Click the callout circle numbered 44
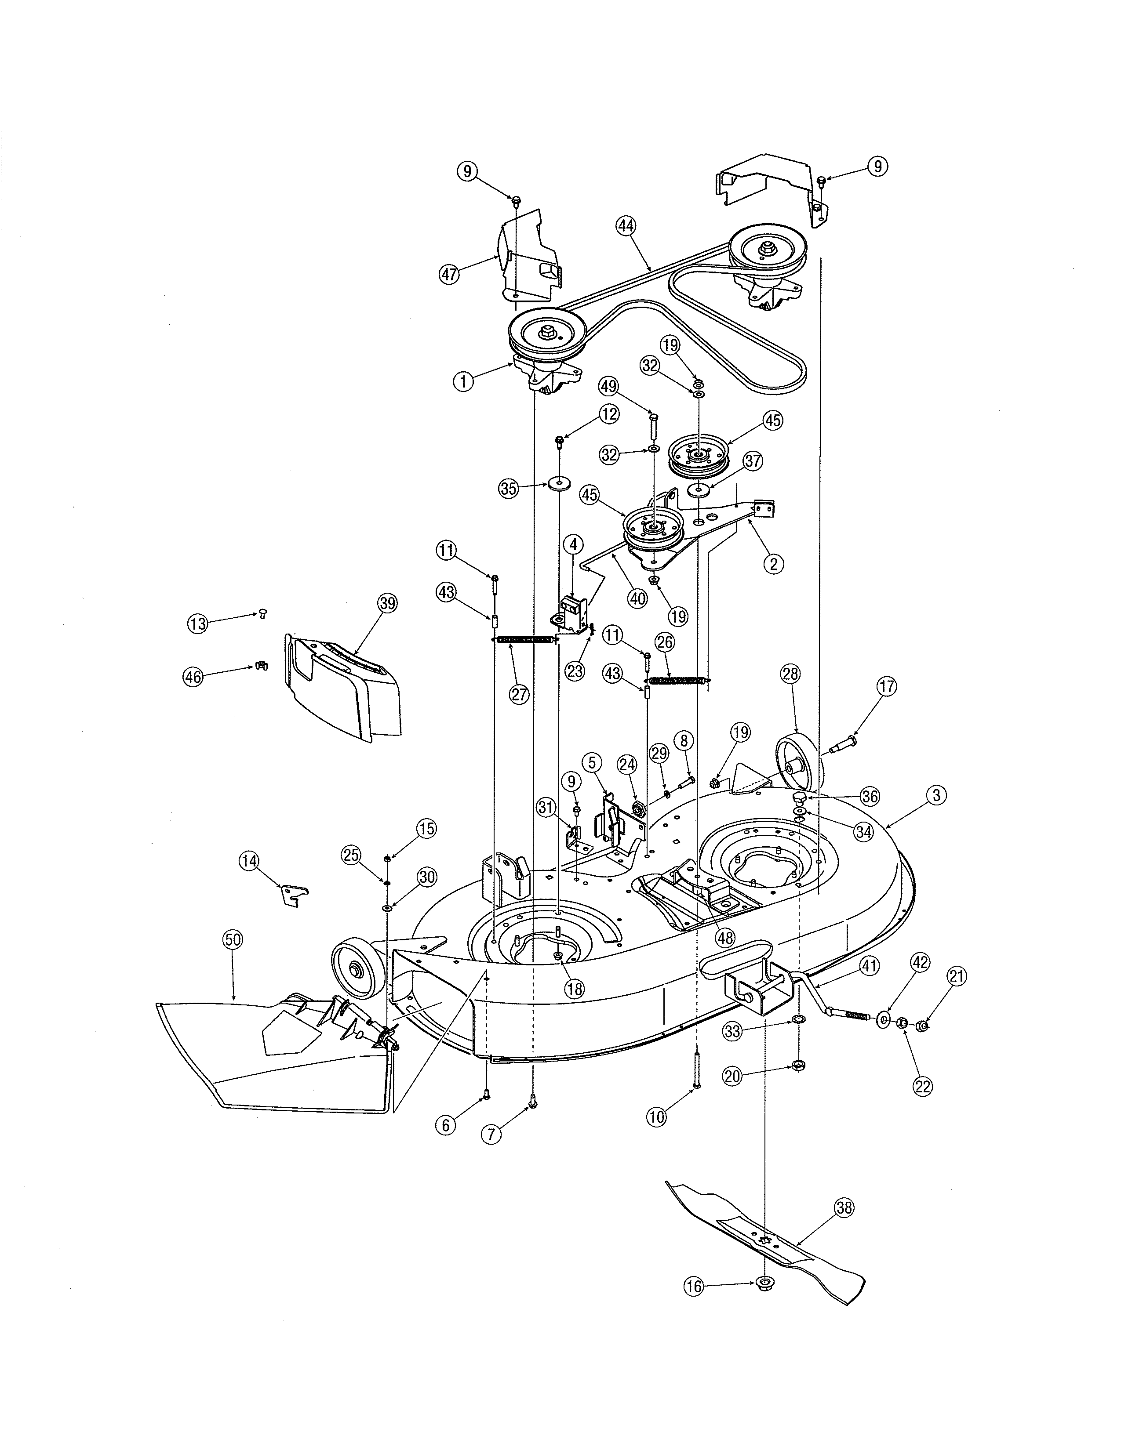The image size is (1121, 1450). [x=625, y=226]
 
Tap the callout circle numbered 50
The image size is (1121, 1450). [x=233, y=939]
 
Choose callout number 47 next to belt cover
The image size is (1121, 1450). [x=450, y=274]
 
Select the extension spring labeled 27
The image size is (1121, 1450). [x=524, y=639]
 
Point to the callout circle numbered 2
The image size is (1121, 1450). [x=773, y=564]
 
